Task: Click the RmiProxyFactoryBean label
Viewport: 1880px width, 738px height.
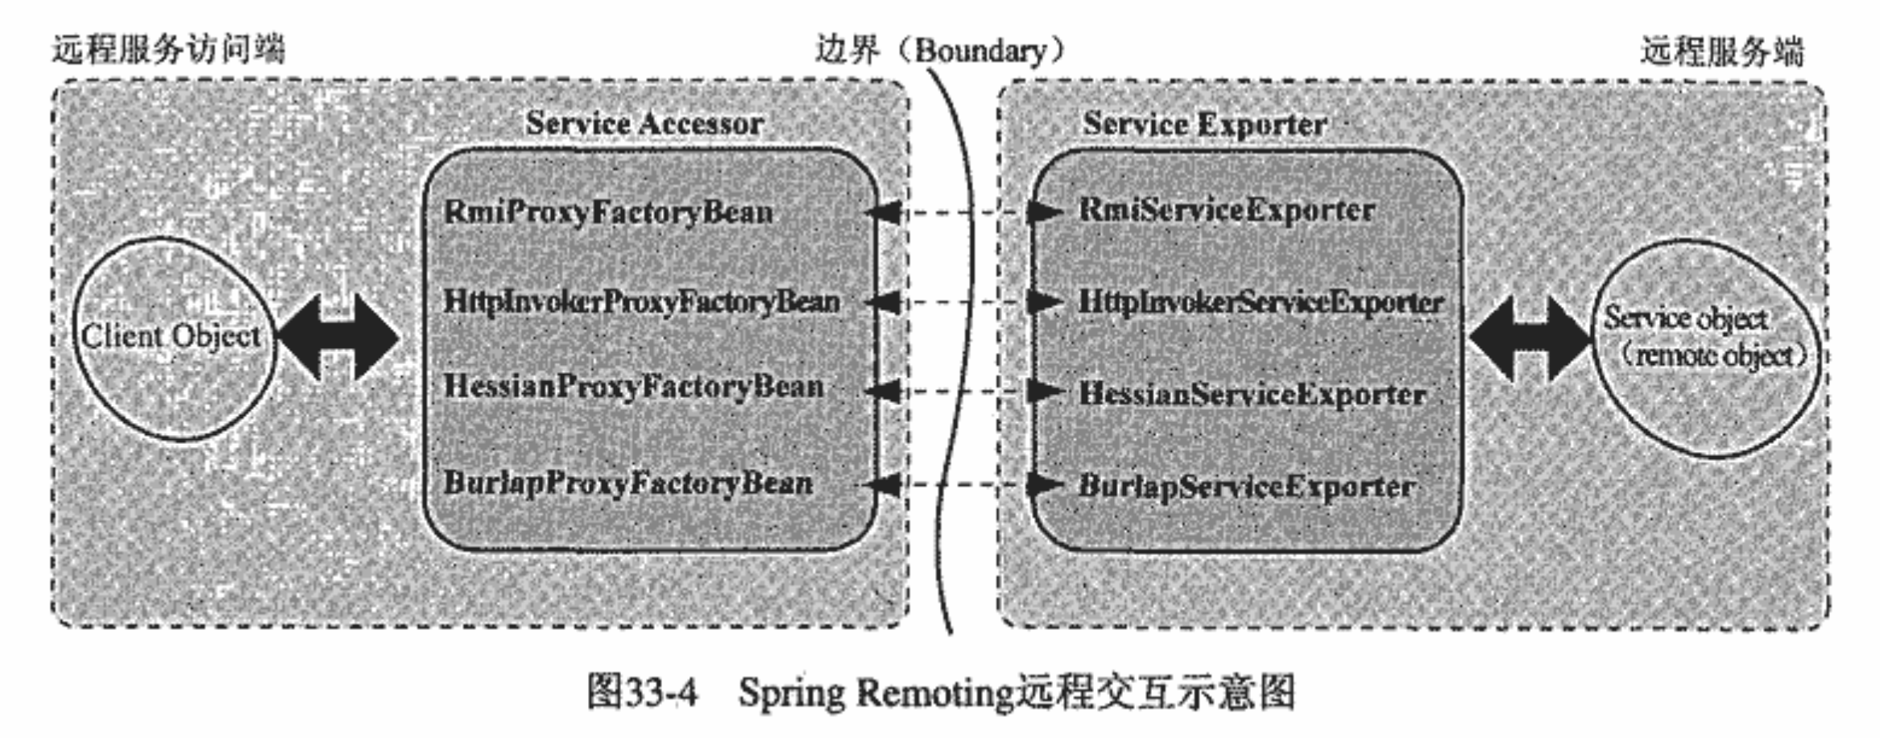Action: tap(608, 213)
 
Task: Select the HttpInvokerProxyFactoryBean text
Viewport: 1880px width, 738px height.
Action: tap(641, 302)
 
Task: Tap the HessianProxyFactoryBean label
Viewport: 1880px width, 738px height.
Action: tap(634, 387)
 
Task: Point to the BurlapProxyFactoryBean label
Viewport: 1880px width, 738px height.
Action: tap(628, 483)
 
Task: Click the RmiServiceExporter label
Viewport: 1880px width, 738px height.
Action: tap(1227, 211)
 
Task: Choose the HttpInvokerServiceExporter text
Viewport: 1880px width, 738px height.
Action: tap(1261, 303)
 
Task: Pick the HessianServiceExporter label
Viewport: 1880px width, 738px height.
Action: tap(1253, 395)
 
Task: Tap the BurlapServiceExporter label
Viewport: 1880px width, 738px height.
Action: tap(1247, 487)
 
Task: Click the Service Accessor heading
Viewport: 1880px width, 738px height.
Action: tap(644, 123)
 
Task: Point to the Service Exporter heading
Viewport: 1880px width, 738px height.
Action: tap(1205, 124)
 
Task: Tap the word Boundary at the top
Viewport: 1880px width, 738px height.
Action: tap(980, 51)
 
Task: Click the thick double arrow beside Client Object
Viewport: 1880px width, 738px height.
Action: tap(338, 337)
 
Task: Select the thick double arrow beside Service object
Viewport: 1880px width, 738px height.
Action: tap(1529, 338)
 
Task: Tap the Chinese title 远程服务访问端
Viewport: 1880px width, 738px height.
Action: tap(169, 50)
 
